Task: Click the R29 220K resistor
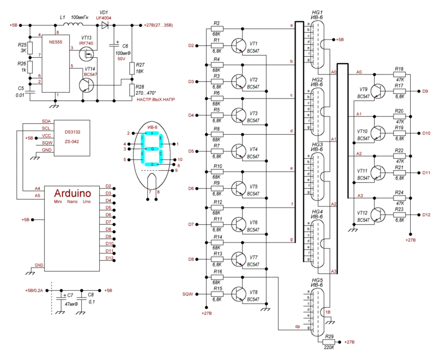(x=329, y=342)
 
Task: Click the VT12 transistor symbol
(x=378, y=215)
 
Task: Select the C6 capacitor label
(x=125, y=46)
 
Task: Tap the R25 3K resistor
(x=31, y=47)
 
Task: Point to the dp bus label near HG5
(x=297, y=327)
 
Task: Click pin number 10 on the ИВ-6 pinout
(x=180, y=159)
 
